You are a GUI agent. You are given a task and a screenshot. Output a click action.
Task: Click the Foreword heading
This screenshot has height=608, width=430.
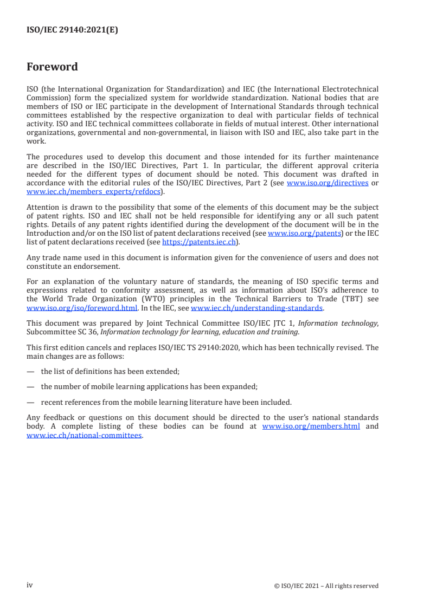coord(52,67)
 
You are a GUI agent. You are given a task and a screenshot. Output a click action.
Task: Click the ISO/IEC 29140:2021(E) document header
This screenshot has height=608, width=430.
coord(72,30)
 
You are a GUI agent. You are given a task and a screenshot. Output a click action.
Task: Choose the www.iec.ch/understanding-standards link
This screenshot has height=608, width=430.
coord(257,308)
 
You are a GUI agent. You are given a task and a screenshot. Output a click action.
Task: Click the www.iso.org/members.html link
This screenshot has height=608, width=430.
coord(311,426)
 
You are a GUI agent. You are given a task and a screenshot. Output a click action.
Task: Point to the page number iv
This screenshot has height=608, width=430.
coord(30,585)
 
